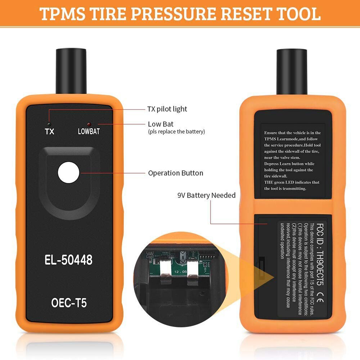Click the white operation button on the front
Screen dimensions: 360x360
click(x=69, y=171)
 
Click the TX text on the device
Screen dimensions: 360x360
click(x=50, y=131)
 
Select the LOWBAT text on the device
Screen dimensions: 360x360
click(x=89, y=131)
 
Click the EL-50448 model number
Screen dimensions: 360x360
click(x=69, y=260)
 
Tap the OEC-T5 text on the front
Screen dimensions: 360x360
click(x=69, y=303)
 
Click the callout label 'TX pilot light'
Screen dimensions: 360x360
click(x=167, y=109)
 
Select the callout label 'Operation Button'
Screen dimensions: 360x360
click(x=175, y=173)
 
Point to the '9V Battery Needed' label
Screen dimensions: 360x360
click(x=206, y=195)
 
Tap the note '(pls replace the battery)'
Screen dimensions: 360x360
click(x=176, y=132)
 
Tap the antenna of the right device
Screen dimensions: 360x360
click(x=291, y=68)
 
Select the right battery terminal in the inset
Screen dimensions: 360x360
click(x=192, y=274)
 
